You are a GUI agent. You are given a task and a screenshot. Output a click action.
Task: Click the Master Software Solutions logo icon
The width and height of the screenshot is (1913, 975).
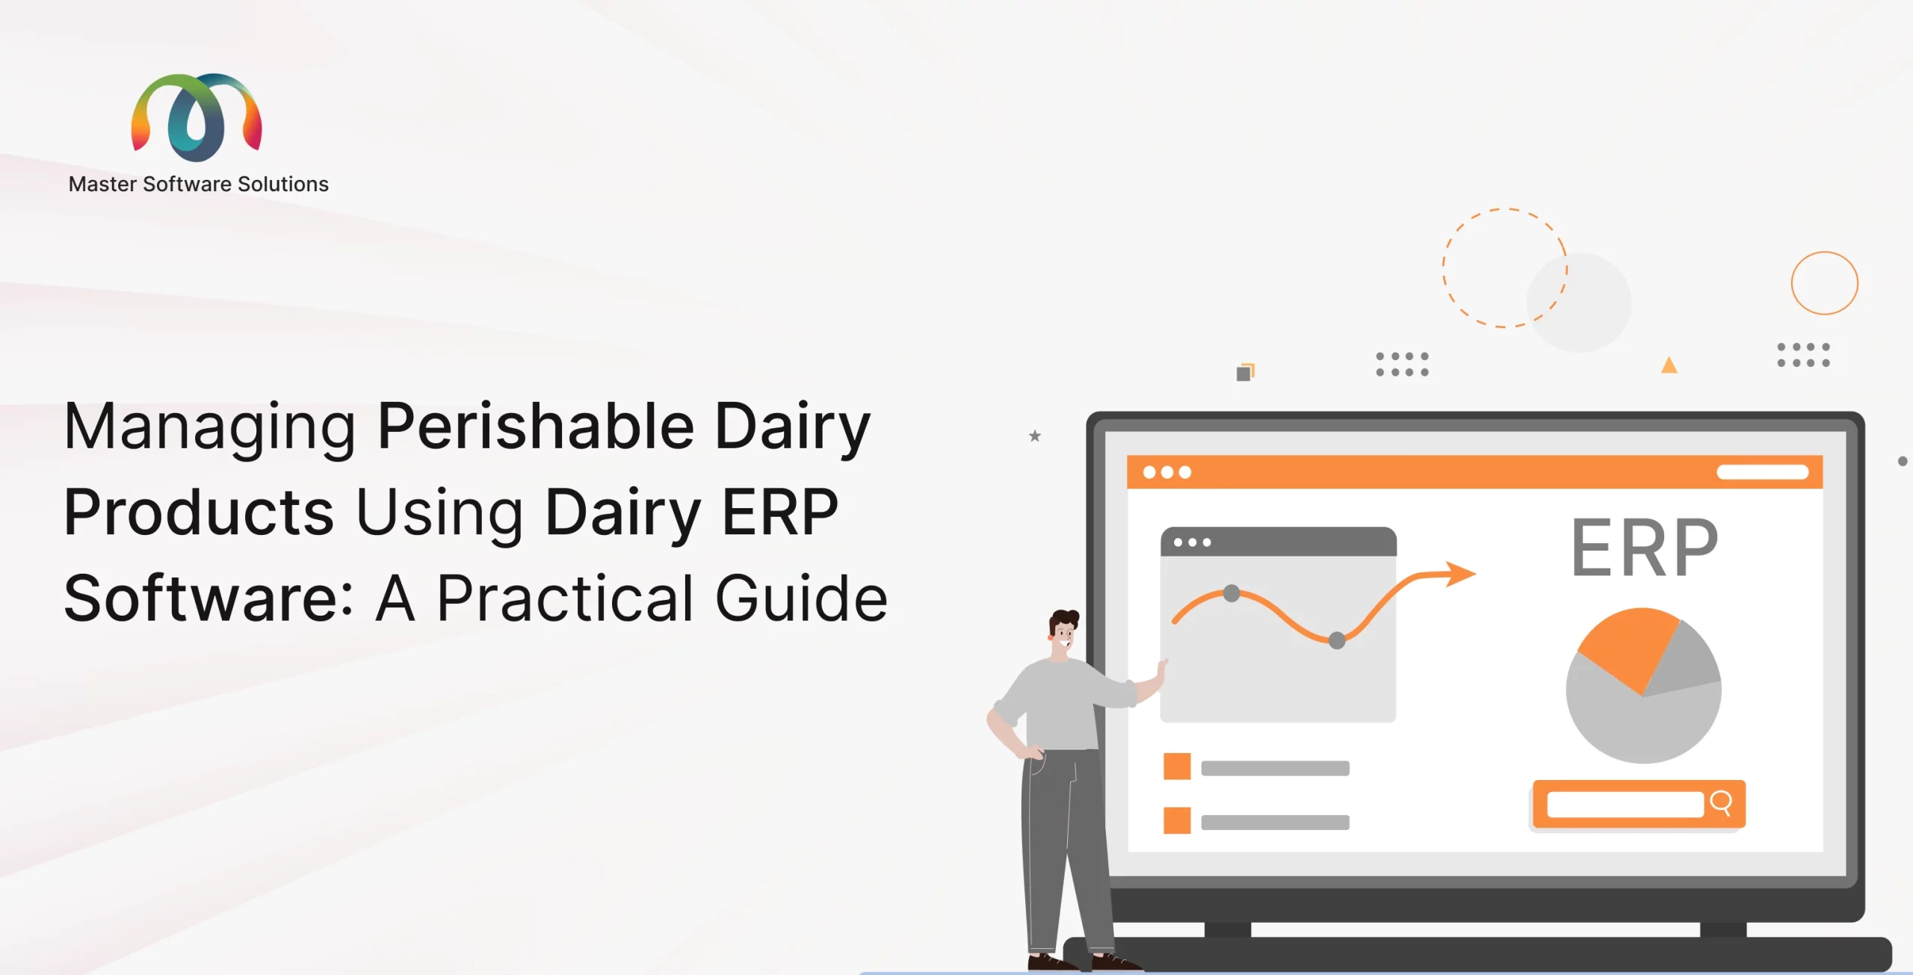197,117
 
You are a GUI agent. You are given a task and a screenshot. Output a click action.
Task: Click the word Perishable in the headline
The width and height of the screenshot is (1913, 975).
536,426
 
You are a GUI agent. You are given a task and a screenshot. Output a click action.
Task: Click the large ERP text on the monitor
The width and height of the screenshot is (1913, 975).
1644,548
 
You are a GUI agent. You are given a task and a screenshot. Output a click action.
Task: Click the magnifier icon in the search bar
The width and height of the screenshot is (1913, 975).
1721,803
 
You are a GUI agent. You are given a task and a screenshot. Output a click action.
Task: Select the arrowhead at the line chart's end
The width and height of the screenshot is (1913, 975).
1460,574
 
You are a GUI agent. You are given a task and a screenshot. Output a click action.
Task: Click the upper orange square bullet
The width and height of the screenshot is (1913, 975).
1177,767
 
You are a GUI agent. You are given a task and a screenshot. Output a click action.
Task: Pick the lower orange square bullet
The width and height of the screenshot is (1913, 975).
1177,820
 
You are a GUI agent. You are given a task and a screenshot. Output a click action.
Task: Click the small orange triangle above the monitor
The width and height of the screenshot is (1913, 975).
1669,365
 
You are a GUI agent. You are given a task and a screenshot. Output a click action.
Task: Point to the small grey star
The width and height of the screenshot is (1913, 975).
1035,436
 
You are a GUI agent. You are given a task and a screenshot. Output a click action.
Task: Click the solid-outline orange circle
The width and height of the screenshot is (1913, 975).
1825,252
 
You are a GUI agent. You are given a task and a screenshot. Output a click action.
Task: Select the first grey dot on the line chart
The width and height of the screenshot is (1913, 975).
1231,594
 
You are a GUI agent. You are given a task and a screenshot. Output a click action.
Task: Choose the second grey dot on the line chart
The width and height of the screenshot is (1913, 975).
1337,640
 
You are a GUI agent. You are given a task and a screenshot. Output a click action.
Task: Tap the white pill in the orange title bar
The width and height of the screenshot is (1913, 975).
1762,471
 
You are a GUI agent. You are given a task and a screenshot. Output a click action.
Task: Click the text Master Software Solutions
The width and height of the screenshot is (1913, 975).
198,185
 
